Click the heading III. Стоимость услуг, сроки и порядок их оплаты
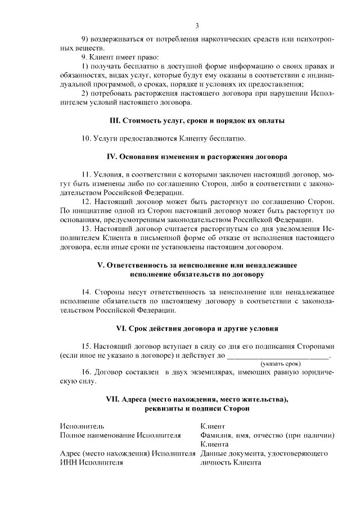click(196, 121)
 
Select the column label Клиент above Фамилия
click(212, 426)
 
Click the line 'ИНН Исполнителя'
click(91, 462)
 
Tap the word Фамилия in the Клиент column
click(215, 435)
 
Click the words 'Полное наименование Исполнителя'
click(120, 435)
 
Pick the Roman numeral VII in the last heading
click(113, 399)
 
